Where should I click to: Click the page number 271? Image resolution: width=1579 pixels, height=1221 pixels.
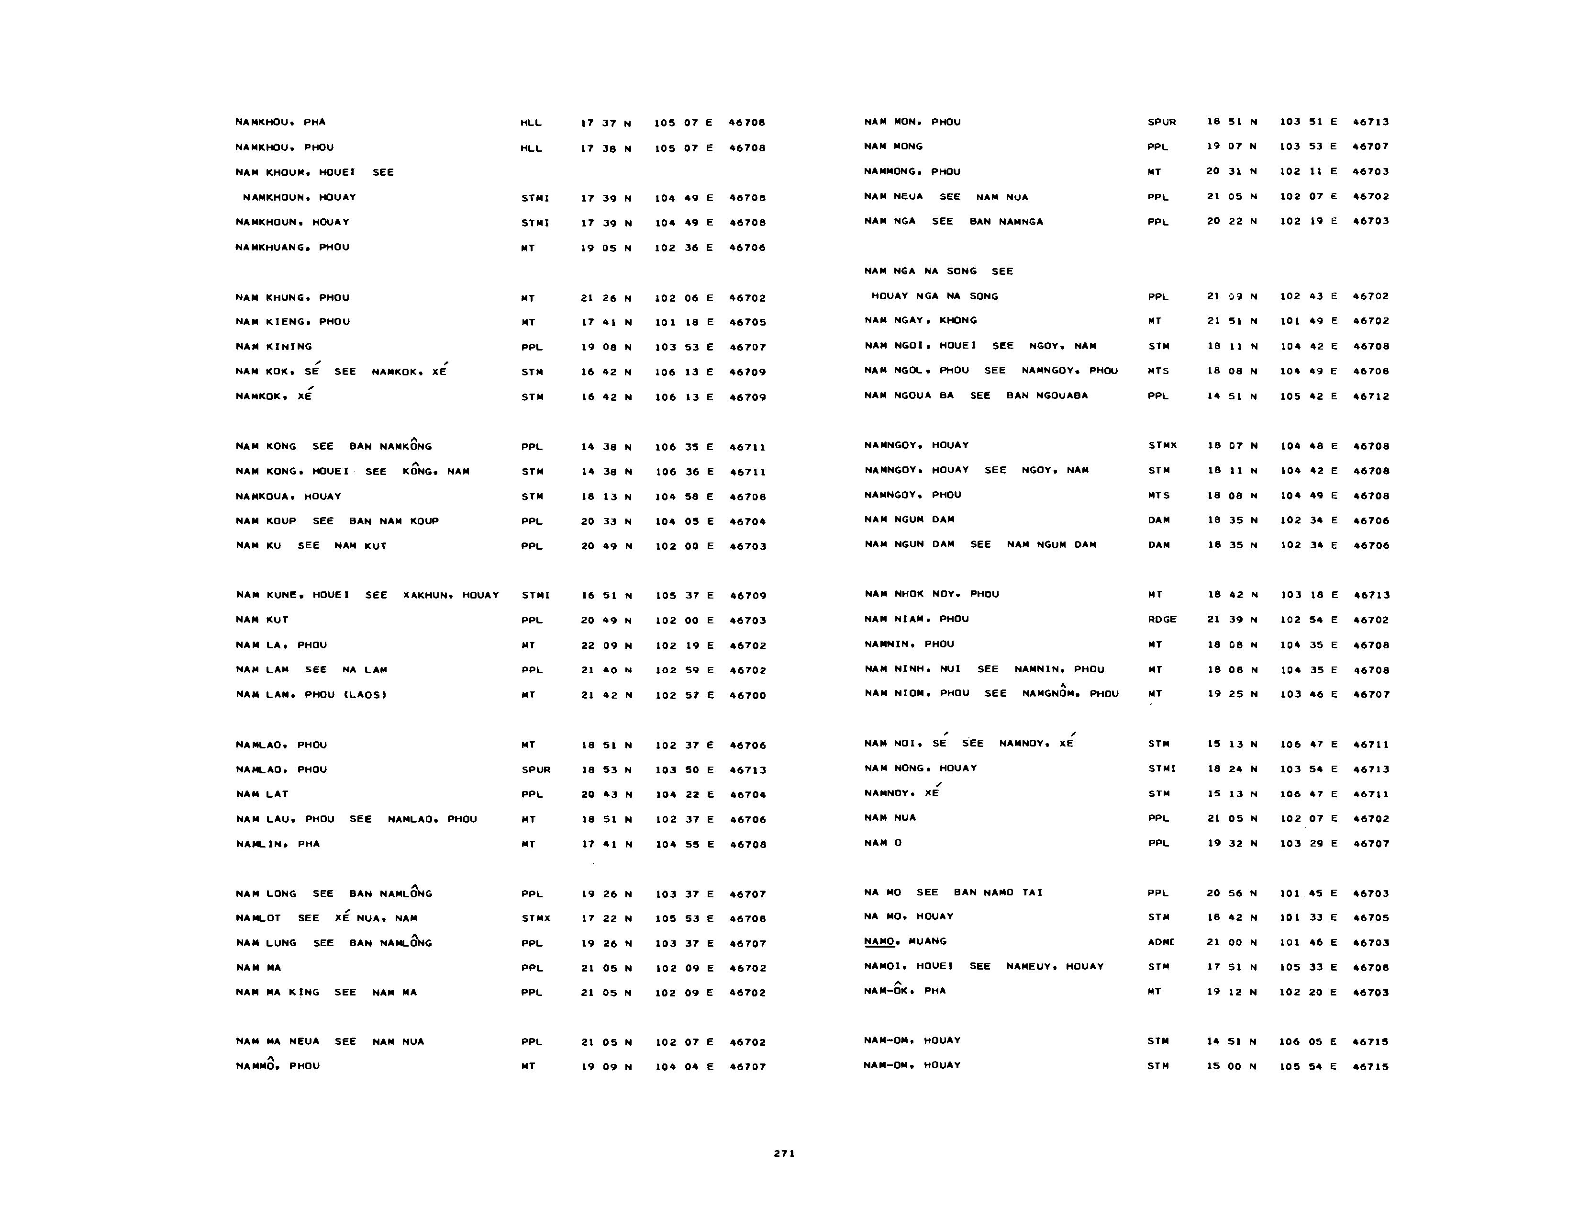tap(784, 1154)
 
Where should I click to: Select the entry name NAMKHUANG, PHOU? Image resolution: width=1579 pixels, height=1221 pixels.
tap(292, 248)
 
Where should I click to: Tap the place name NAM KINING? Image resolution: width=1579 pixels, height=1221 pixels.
tap(274, 347)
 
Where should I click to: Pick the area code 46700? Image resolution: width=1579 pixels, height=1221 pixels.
tap(747, 696)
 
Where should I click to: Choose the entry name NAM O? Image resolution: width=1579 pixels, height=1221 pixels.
tap(883, 843)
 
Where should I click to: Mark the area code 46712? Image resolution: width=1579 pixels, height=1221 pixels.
tap(1371, 396)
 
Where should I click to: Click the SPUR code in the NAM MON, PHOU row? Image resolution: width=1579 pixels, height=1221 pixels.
tap(1162, 122)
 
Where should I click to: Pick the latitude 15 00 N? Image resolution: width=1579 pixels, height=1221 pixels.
tap(1232, 1066)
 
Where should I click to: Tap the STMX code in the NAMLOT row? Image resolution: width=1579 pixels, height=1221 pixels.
tap(536, 919)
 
